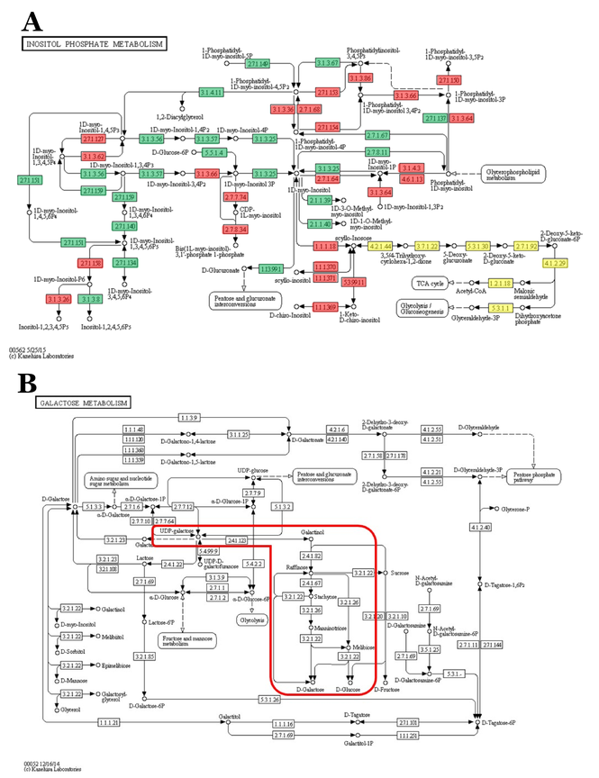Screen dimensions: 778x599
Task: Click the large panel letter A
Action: [32, 20]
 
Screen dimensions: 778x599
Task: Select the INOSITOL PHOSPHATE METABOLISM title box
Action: [95, 43]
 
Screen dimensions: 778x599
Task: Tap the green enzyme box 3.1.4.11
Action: [212, 93]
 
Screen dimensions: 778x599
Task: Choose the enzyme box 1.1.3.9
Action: [189, 419]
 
